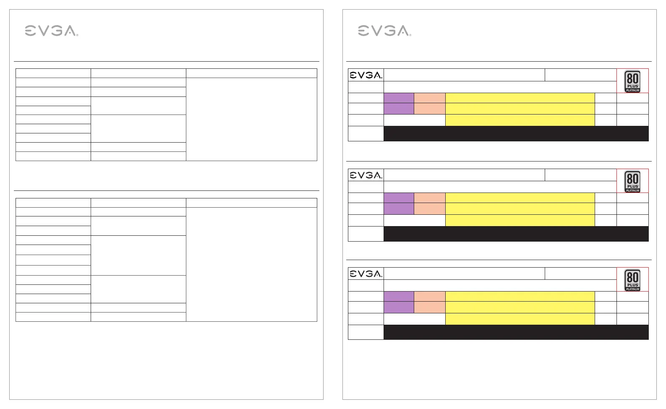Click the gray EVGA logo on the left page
pyautogui.click(x=51, y=31)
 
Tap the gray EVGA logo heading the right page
pyautogui.click(x=384, y=31)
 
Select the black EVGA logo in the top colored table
pyautogui.click(x=366, y=75)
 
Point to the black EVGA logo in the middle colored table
pyautogui.click(x=366, y=175)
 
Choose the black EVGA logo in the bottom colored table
pyautogui.click(x=366, y=274)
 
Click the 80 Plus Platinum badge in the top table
pyautogui.click(x=632, y=81)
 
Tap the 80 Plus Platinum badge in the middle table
pyautogui.click(x=632, y=181)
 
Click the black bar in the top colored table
pyautogui.click(x=516, y=133)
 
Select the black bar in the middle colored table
pyautogui.click(x=516, y=234)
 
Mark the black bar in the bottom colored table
pyautogui.click(x=516, y=332)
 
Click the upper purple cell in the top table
pyautogui.click(x=399, y=98)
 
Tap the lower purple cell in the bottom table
pyautogui.click(x=399, y=307)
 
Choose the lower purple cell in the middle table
pyautogui.click(x=399, y=208)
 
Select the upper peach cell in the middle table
pyautogui.click(x=430, y=198)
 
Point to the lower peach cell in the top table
pyautogui.click(x=430, y=109)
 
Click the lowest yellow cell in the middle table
pyautogui.click(x=520, y=221)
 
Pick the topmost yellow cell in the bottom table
pyautogui.click(x=520, y=296)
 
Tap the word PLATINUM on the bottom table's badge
pyautogui.click(x=632, y=289)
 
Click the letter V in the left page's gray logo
pyautogui.click(x=43, y=31)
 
